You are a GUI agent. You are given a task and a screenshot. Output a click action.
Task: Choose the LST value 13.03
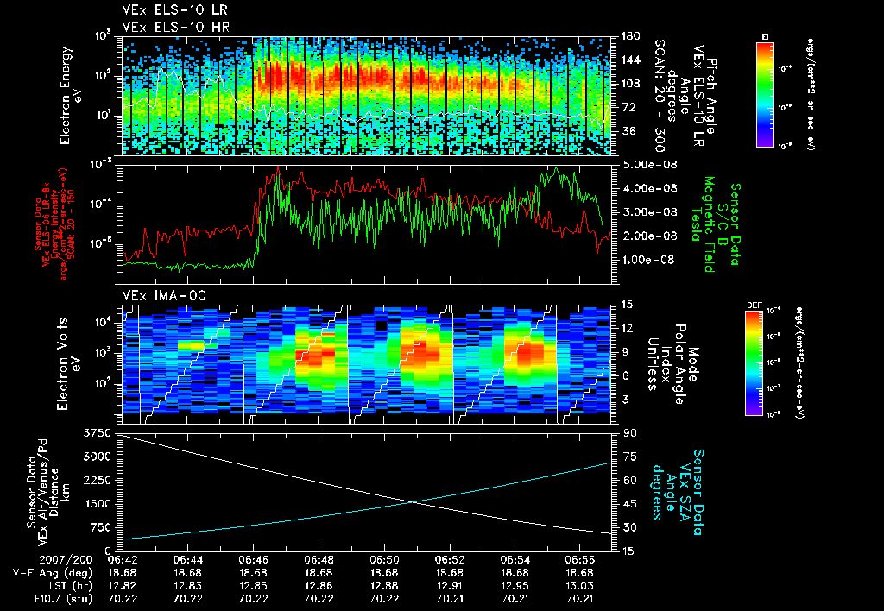point(580,585)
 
